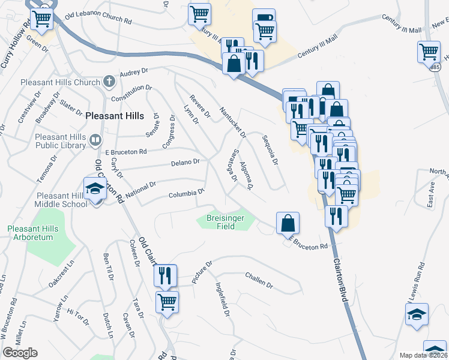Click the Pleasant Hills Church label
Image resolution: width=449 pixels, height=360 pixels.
(61, 82)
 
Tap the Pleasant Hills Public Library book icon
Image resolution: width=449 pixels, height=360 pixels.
(95, 140)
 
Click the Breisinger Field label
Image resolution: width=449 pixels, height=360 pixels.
(225, 222)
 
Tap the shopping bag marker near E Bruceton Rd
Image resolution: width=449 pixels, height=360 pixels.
(288, 223)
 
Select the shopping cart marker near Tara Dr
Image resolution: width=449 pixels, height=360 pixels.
(167, 301)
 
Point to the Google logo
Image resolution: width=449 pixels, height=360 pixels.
(19, 353)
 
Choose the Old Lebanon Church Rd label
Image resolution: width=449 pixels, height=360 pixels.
(98, 17)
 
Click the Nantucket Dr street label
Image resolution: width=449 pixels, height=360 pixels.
(233, 122)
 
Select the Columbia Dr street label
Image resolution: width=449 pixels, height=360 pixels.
(187, 194)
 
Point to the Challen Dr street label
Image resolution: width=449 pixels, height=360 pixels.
(259, 280)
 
